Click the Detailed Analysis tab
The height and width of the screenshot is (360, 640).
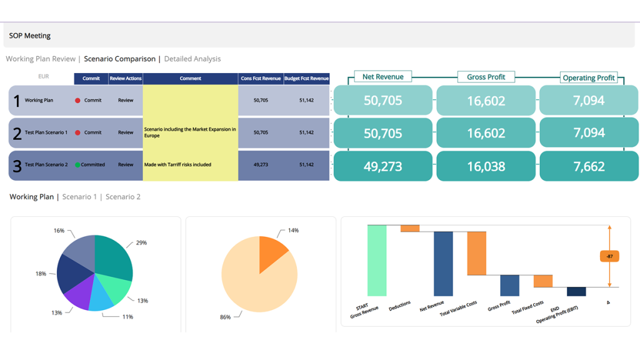tap(192, 59)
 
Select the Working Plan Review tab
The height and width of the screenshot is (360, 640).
tap(41, 59)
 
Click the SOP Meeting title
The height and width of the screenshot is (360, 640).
tap(30, 36)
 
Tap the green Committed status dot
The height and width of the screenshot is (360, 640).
tap(77, 165)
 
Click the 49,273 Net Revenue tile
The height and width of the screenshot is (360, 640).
tap(382, 166)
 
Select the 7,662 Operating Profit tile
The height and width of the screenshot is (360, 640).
tap(589, 166)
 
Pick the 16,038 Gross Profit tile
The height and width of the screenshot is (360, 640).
tap(486, 166)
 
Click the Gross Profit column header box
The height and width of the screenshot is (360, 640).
tap(486, 77)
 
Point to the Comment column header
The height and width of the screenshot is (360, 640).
tap(190, 79)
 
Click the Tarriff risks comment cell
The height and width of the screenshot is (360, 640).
tap(190, 165)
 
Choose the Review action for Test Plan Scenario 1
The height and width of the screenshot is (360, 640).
tap(126, 132)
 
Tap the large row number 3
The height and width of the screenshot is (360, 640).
tap(17, 166)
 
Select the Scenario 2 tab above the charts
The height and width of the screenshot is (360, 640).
tap(123, 197)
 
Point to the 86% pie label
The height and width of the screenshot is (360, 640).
tap(224, 317)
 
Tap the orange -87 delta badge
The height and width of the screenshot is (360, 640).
tap(609, 256)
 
